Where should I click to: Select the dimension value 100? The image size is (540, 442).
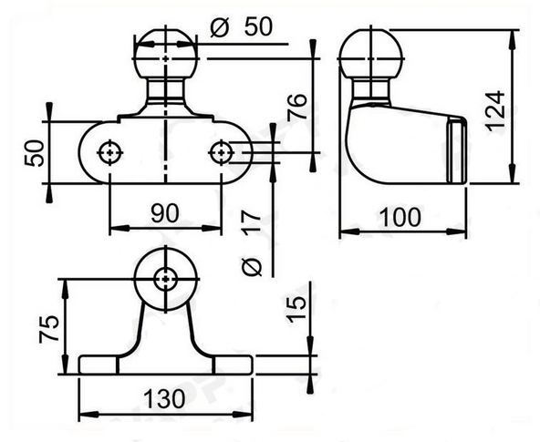[x=401, y=218]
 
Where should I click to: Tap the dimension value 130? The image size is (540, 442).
[x=164, y=398]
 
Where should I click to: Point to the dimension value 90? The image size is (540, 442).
[x=164, y=213]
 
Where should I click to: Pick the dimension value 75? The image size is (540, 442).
[x=50, y=327]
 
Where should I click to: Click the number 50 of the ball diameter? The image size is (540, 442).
[x=258, y=27]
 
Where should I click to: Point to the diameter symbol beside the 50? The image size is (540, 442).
[x=218, y=27]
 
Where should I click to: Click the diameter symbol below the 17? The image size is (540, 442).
[x=254, y=264]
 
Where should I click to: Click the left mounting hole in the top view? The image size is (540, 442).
[x=110, y=151]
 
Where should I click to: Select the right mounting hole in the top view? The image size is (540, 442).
[x=221, y=151]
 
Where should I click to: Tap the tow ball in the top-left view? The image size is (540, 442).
[x=165, y=56]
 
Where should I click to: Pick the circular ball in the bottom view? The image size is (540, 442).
[x=164, y=278]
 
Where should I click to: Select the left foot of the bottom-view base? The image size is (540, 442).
[x=99, y=365]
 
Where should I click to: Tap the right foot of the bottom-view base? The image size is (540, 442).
[x=232, y=365]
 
